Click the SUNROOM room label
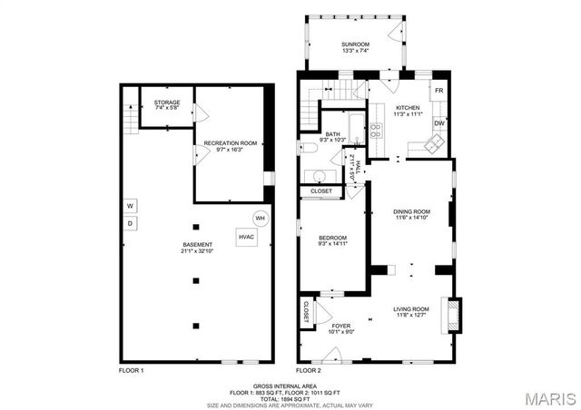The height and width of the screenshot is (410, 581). (x=355, y=44)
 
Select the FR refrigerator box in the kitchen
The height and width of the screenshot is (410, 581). (x=438, y=92)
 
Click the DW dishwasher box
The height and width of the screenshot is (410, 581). (x=438, y=123)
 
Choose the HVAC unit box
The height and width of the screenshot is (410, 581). (x=247, y=237)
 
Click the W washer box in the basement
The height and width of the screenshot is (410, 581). (x=130, y=205)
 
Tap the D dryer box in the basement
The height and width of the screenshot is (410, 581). (x=130, y=223)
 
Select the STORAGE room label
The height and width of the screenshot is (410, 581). (x=166, y=102)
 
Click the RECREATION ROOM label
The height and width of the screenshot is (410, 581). (x=230, y=143)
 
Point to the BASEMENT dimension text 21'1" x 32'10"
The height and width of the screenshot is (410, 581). (x=197, y=251)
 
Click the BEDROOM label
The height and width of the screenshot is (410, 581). (x=332, y=238)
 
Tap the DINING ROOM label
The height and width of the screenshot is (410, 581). (x=411, y=211)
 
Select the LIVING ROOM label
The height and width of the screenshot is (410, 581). (x=410, y=309)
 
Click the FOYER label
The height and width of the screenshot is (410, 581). (x=340, y=326)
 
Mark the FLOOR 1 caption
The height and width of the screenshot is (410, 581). (x=132, y=371)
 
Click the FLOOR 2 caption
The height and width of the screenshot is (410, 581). (x=309, y=371)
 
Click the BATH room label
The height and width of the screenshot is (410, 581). (x=333, y=134)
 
